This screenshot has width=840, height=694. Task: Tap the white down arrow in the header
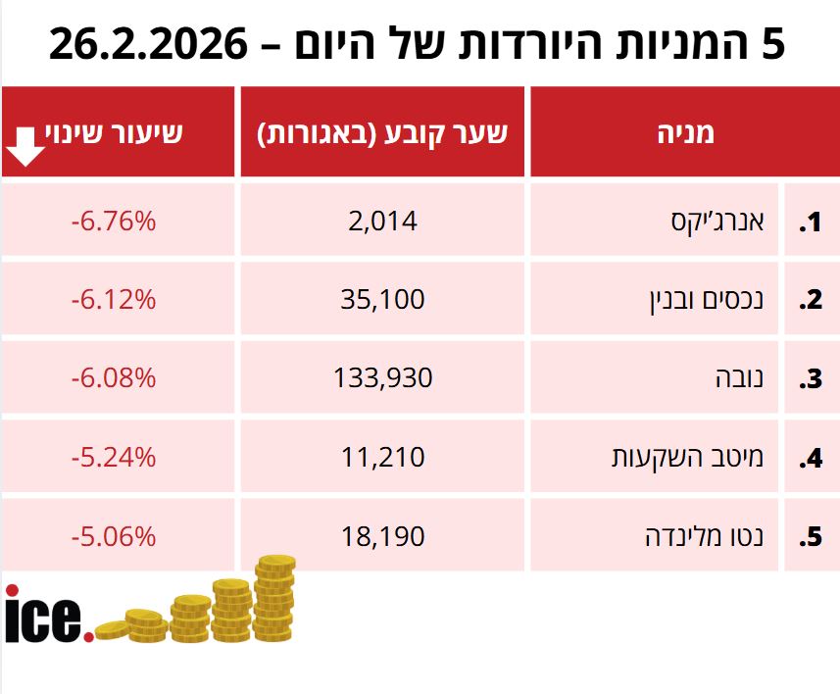[25, 146]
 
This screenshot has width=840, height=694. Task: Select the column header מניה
[684, 133]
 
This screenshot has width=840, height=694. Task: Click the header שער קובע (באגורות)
[382, 133]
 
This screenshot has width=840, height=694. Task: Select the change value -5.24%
[114, 457]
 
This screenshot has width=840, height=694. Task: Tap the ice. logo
[49, 616]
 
